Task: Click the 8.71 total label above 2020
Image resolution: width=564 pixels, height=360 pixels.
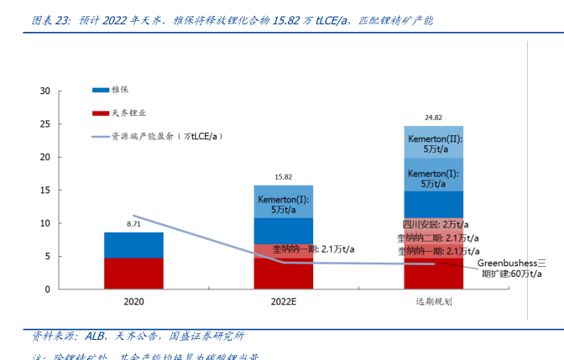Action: (x=133, y=224)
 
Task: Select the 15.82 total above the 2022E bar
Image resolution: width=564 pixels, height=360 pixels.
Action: (x=284, y=177)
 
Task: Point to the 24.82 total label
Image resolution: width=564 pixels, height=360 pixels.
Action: (x=433, y=117)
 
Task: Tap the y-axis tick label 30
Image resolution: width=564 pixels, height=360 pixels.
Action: (x=45, y=91)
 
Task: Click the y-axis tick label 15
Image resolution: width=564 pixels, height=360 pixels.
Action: (x=45, y=190)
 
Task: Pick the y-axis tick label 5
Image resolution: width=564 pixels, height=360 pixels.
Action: (x=48, y=257)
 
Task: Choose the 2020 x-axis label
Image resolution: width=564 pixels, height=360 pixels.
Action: (x=133, y=300)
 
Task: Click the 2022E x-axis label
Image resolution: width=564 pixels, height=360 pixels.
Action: (x=284, y=300)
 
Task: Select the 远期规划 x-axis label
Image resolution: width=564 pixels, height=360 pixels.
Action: (x=433, y=300)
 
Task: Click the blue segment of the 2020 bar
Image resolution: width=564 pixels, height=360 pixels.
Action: (x=133, y=245)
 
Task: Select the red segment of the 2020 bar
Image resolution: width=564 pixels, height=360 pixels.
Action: (x=133, y=274)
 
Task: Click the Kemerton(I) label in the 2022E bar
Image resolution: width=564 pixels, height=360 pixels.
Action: (x=284, y=205)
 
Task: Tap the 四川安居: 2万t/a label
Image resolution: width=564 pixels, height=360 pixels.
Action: (x=435, y=225)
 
